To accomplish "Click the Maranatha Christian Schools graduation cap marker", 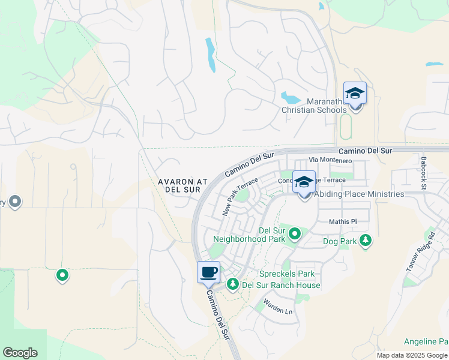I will [x=355, y=94].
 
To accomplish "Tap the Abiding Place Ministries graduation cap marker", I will [x=304, y=182].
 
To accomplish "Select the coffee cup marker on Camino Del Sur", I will [x=208, y=272].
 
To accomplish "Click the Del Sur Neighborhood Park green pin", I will [x=295, y=233].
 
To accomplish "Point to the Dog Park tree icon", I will [x=365, y=241].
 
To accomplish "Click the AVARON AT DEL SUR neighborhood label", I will [x=178, y=185].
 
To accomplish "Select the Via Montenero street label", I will [x=330, y=161].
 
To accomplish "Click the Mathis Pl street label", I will [x=343, y=222].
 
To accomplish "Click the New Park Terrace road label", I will [x=240, y=197].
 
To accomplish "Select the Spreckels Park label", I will [x=291, y=274].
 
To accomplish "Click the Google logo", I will [x=20, y=353].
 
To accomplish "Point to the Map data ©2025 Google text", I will [x=412, y=355].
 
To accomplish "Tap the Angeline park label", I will [x=426, y=342].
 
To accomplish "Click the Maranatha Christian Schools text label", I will [x=315, y=106].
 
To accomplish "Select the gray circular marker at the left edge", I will [x=16, y=202].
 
